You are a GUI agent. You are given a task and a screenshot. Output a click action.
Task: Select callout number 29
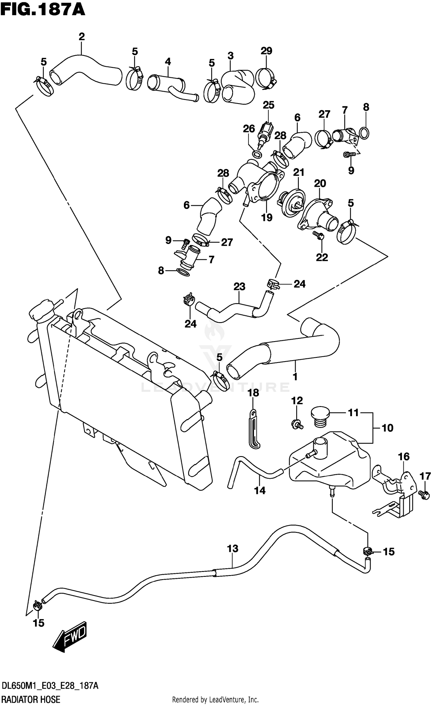266,51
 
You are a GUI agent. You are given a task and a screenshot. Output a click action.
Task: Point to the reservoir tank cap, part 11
319,418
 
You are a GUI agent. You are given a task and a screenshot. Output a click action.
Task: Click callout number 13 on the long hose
232,549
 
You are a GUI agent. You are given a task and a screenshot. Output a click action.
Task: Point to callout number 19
267,217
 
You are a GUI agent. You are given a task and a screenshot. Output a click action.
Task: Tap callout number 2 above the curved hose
82,37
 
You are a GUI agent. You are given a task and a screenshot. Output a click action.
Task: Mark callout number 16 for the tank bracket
403,456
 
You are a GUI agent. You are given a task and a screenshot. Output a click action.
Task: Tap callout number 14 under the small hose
260,490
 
